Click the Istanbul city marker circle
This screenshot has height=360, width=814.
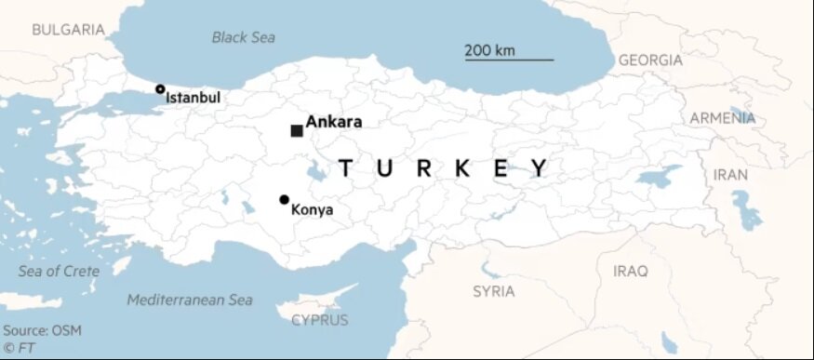pos(160,89)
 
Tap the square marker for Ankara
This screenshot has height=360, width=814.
pos(297,131)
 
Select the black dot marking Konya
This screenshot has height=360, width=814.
pos(284,199)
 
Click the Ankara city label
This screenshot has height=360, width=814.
pos(333,122)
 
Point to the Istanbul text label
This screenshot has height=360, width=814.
pos(193,97)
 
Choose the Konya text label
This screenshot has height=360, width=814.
pos(312,210)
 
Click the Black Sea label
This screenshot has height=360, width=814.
pos(243,37)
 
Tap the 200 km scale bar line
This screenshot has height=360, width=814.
pos(509,60)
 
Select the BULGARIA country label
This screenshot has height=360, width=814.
pos(68,30)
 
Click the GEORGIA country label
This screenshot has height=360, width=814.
pos(650,60)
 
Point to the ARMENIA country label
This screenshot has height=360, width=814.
pos(722,118)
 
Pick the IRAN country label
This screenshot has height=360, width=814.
pos(730,174)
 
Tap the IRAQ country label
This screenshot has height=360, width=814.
pos(631,271)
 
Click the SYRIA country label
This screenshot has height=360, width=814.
pos(493,291)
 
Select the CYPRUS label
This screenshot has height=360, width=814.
pos(319,320)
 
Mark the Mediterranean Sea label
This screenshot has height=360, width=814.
pos(190,300)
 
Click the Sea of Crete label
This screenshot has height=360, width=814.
pos(59,271)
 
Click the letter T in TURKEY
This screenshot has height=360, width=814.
pos(346,168)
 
